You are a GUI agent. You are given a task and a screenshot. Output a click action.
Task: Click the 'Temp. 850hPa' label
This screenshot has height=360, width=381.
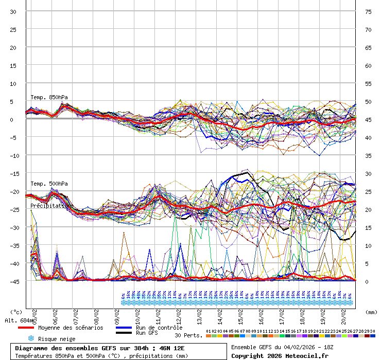coord(49,97)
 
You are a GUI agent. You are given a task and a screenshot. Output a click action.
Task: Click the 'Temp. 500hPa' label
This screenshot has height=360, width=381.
coord(49,184)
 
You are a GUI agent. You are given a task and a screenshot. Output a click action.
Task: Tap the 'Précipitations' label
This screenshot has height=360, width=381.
coord(51,206)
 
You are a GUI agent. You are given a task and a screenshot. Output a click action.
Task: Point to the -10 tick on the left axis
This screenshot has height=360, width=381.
coord(12,155)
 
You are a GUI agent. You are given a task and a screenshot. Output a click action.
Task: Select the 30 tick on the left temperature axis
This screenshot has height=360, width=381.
coord(13,11)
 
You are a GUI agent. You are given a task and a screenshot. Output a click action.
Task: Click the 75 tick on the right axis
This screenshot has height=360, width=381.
coord(368,11)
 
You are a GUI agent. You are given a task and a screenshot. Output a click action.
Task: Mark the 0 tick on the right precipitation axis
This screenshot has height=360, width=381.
coord(367,281)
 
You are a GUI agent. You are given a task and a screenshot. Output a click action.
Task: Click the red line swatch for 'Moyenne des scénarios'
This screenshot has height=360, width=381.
coord(26,328)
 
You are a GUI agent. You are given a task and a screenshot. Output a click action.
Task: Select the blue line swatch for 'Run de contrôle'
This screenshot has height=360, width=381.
coord(124,328)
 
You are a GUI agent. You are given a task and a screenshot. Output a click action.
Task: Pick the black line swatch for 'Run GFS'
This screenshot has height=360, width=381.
coord(124,333)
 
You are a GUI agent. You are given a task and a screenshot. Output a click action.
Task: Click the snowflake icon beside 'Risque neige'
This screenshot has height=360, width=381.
coord(30,339)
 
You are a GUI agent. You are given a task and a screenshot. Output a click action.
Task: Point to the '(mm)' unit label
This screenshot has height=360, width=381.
coord(372,312)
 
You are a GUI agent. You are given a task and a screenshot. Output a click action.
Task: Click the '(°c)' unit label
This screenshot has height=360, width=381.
coord(16,312)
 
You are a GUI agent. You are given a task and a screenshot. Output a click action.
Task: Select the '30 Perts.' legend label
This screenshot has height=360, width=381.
coord(188,335)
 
